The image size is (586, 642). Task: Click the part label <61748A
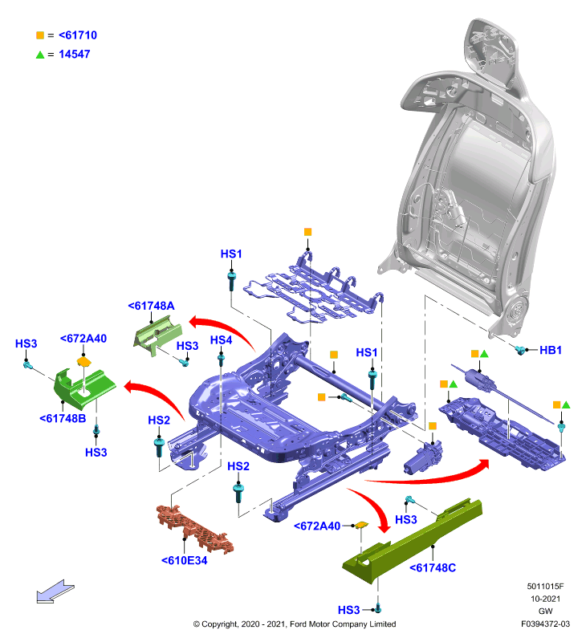tap(151, 306)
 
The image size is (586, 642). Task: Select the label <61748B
tap(63, 418)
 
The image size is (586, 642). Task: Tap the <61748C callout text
tap(433, 567)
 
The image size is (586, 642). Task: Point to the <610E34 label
tap(185, 560)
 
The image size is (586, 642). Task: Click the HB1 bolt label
tap(551, 350)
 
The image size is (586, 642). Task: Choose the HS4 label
tap(221, 339)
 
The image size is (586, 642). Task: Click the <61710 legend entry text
tap(78, 35)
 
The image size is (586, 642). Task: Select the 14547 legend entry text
tap(74, 54)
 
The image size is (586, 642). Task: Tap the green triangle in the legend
tap(39, 55)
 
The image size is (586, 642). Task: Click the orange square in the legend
tap(39, 35)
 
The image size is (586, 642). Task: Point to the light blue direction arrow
tap(55, 592)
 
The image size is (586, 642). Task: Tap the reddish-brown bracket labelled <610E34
tap(194, 529)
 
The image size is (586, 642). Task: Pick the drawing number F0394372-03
tap(545, 624)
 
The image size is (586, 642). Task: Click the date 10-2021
tap(545, 599)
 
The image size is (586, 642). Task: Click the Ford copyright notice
tap(295, 624)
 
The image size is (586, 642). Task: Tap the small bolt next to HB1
tap(520, 350)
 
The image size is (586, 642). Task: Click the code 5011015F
tap(545, 587)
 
